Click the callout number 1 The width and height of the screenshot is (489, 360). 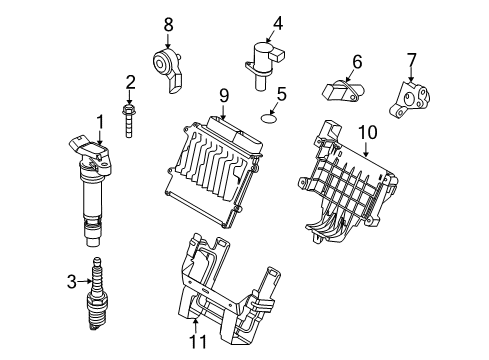[x=100, y=122]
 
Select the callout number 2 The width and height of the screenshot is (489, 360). [x=129, y=82]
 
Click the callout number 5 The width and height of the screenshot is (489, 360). [x=282, y=95]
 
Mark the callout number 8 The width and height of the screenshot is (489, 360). [x=168, y=22]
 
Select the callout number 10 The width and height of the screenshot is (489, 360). [x=366, y=131]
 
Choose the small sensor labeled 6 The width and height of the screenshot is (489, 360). [x=339, y=90]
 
